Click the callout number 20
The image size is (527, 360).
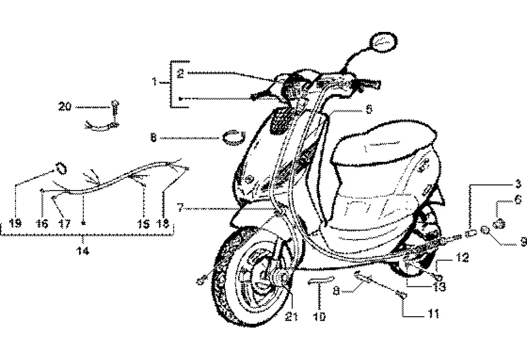click(65, 107)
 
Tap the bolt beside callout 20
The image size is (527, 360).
click(114, 108)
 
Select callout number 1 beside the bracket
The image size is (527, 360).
click(154, 82)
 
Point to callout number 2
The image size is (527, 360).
click(180, 73)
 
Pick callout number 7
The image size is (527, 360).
click(180, 208)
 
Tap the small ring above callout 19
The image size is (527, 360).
click(61, 168)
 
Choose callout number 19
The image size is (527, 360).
click(15, 224)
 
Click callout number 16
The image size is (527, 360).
click(42, 224)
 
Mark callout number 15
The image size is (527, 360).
click(144, 224)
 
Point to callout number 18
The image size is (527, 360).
click(164, 224)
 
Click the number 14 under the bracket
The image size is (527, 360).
click(83, 251)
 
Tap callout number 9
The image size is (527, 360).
click(522, 239)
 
